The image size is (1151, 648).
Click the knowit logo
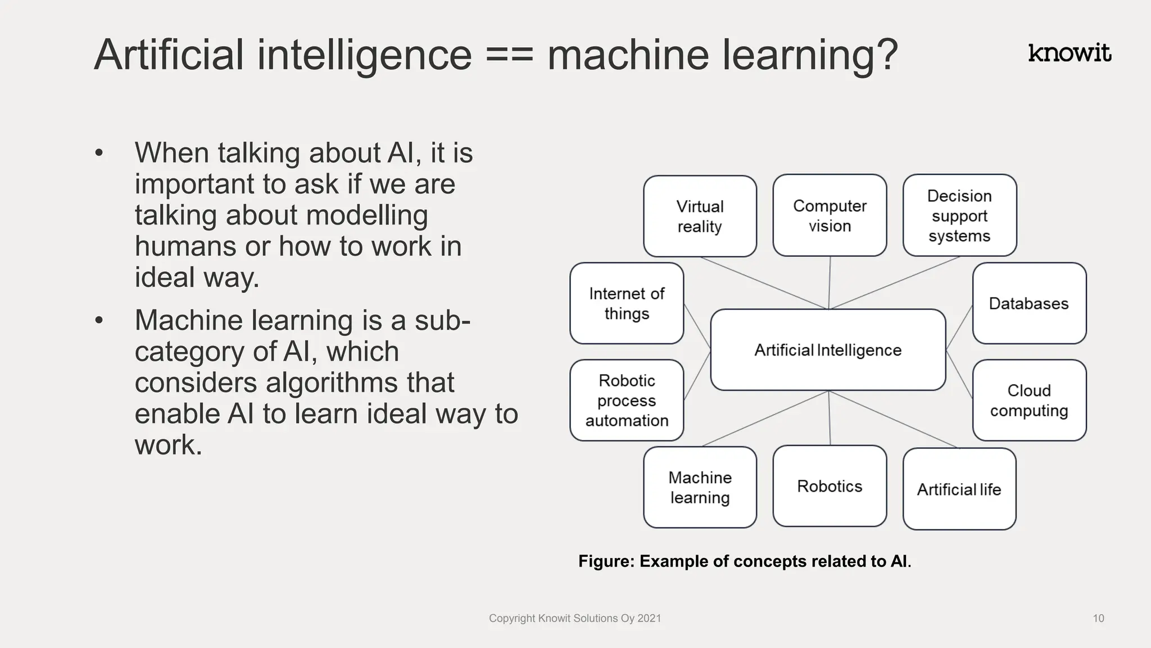click(1070, 53)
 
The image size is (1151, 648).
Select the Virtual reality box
click(700, 216)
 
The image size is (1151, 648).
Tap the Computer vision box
click(830, 215)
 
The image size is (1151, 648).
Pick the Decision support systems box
click(959, 215)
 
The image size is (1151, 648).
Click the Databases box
click(1029, 303)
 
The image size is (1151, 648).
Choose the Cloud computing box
click(1029, 400)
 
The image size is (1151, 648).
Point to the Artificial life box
click(959, 489)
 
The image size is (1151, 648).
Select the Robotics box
click(830, 486)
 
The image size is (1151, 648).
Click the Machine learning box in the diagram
click(700, 487)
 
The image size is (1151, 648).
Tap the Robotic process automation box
click(627, 400)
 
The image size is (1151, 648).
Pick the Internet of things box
click(627, 303)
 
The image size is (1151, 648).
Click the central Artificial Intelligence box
click(828, 350)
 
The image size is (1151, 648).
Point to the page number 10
click(1098, 618)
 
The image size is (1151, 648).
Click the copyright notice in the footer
click(575, 618)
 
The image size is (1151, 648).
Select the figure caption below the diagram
click(745, 561)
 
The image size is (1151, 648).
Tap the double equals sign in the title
click(509, 56)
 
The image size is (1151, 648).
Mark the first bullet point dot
click(99, 153)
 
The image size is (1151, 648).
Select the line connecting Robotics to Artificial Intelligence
click(830, 418)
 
